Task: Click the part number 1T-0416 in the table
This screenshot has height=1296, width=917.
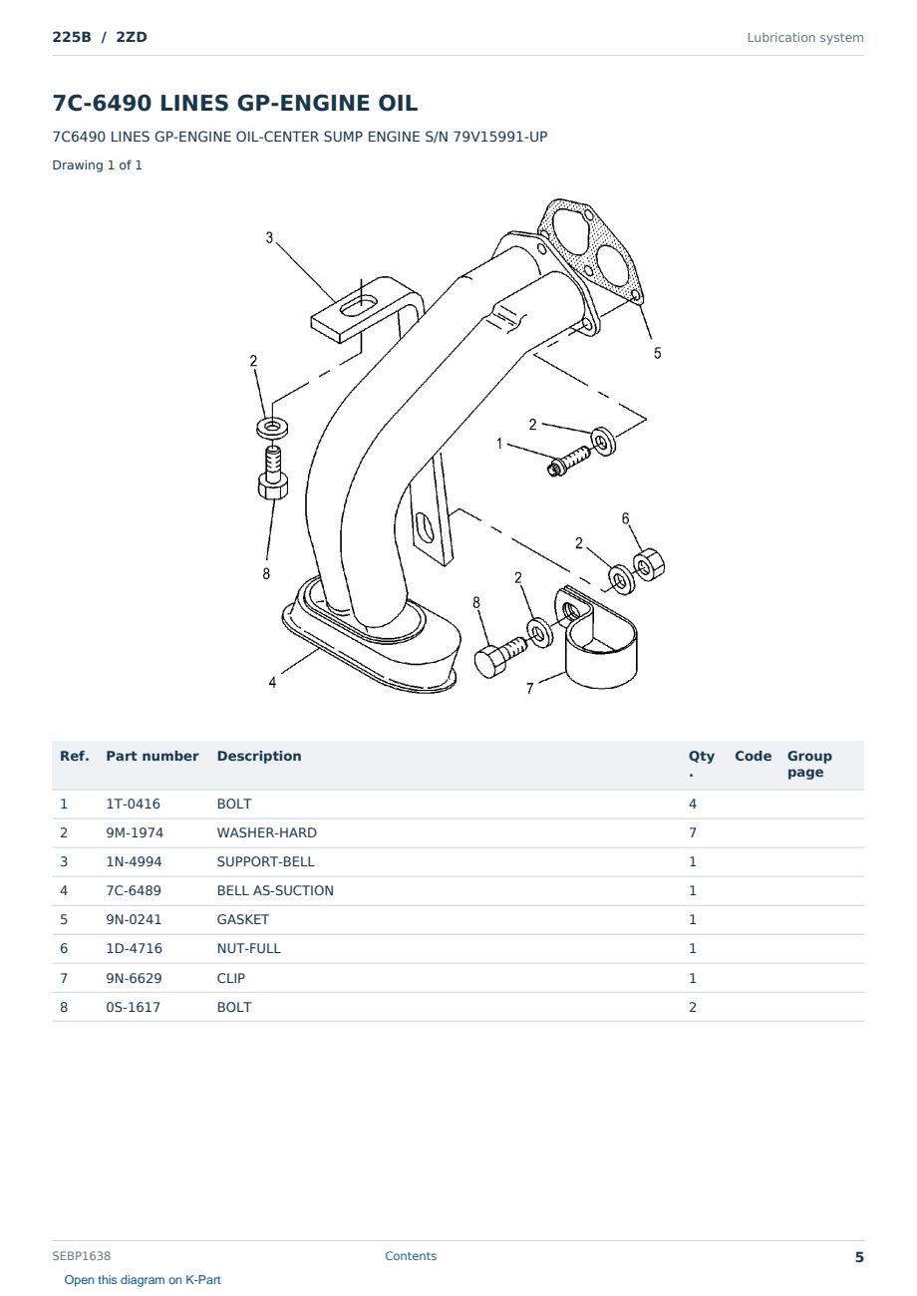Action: click(x=133, y=804)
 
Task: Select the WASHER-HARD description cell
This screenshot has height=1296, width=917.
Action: click(x=266, y=832)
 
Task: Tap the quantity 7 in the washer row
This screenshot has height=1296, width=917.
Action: click(x=693, y=832)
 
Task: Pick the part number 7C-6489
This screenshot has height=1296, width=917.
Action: click(x=134, y=890)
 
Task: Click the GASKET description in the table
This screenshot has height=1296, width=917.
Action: click(x=242, y=919)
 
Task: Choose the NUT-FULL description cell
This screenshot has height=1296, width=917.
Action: click(x=248, y=948)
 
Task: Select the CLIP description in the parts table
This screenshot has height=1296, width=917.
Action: click(x=231, y=978)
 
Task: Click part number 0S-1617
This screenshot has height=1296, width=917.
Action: click(x=133, y=1007)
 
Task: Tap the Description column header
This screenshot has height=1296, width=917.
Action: click(x=258, y=756)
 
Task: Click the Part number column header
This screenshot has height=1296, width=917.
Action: click(x=153, y=756)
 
